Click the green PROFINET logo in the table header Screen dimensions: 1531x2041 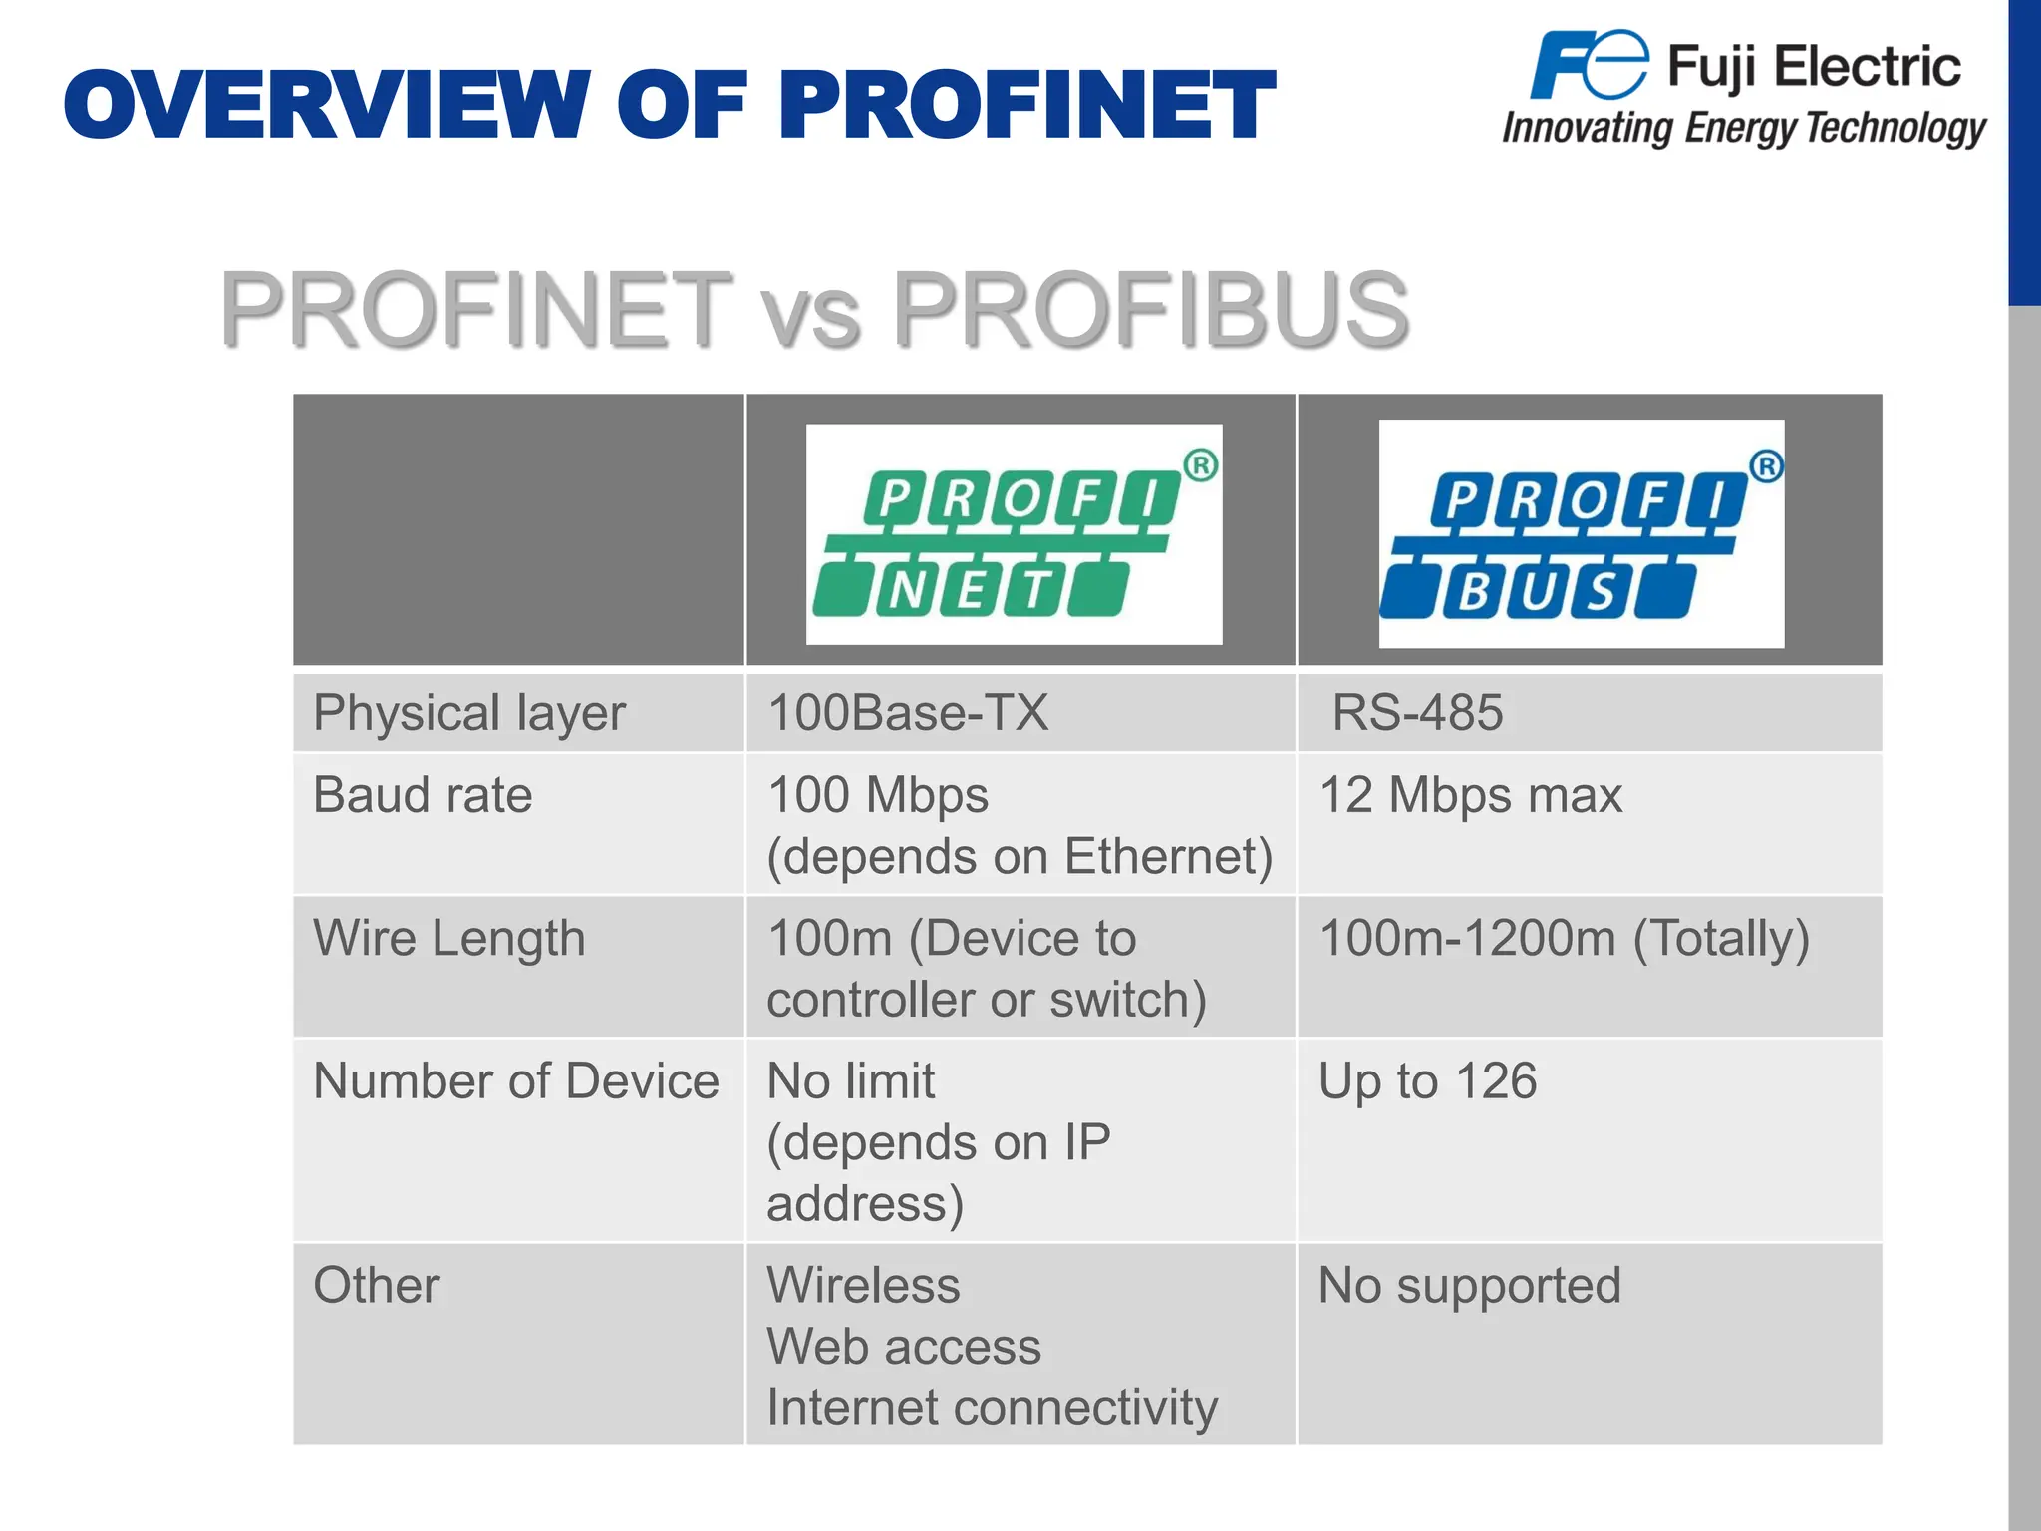pyautogui.click(x=1014, y=535)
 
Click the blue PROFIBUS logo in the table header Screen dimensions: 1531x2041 pyautogui.click(x=1581, y=535)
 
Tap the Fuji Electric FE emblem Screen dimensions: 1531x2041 pyautogui.click(x=1590, y=66)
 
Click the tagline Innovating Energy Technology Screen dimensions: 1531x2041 pyautogui.click(x=1743, y=129)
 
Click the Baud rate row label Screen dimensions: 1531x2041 pyautogui.click(x=423, y=796)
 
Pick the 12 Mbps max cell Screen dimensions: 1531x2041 pyautogui.click(x=1471, y=796)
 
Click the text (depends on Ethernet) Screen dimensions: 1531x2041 pyautogui.click(x=1020, y=857)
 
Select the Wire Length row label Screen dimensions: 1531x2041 pyautogui.click(x=449, y=939)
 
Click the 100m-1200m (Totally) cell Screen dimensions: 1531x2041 pyautogui.click(x=1564, y=939)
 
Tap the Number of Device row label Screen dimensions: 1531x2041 pyautogui.click(x=515, y=1082)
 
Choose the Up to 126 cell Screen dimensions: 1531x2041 pyautogui.click(x=1427, y=1082)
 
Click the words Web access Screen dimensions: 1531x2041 pyautogui.click(x=904, y=1348)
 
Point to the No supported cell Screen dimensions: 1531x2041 pyautogui.click(x=1470, y=1286)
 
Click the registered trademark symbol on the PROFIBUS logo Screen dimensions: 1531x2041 pyautogui.click(x=1766, y=466)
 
